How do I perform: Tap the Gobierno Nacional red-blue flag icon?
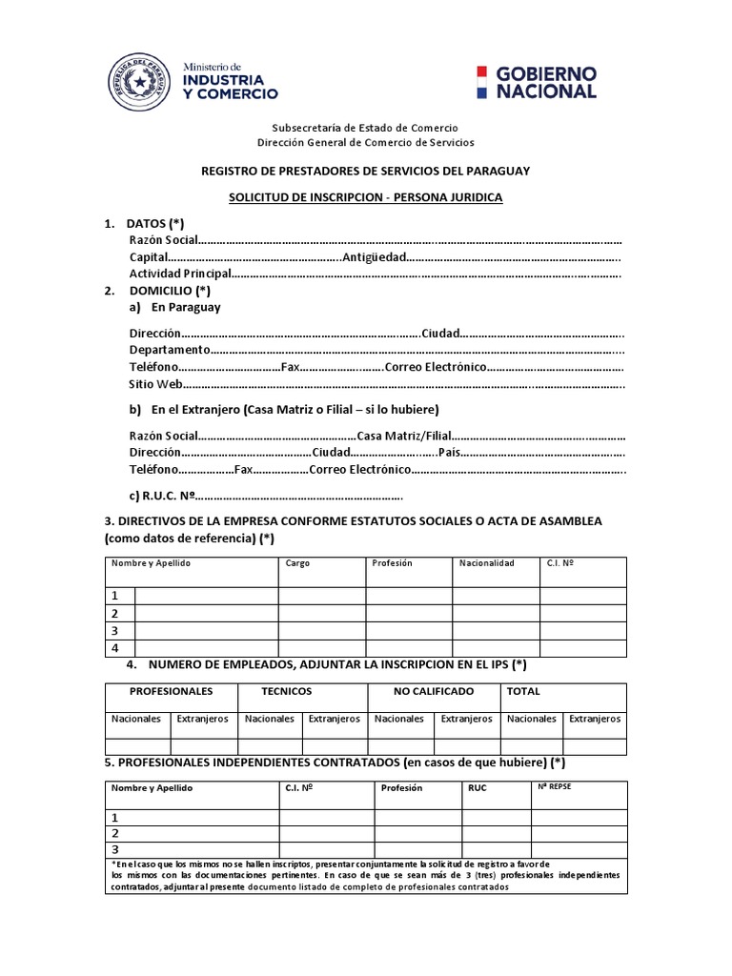(482, 83)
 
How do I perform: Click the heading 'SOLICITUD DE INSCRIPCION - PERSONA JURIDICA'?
(365, 197)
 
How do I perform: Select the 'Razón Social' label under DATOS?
(163, 240)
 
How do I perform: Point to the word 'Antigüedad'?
(375, 257)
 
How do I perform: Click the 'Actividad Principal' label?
(180, 274)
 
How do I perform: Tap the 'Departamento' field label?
(170, 350)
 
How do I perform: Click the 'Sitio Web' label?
(155, 384)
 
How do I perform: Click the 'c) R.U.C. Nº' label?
(162, 496)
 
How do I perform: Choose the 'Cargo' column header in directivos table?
(297, 563)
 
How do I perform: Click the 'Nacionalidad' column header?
(486, 563)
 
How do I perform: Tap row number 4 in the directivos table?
(115, 648)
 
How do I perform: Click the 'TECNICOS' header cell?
(287, 691)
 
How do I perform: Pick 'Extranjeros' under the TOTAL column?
(595, 719)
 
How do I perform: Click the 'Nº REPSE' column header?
(554, 787)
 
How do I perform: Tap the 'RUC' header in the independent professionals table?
(478, 789)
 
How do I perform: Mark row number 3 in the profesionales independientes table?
(115, 849)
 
